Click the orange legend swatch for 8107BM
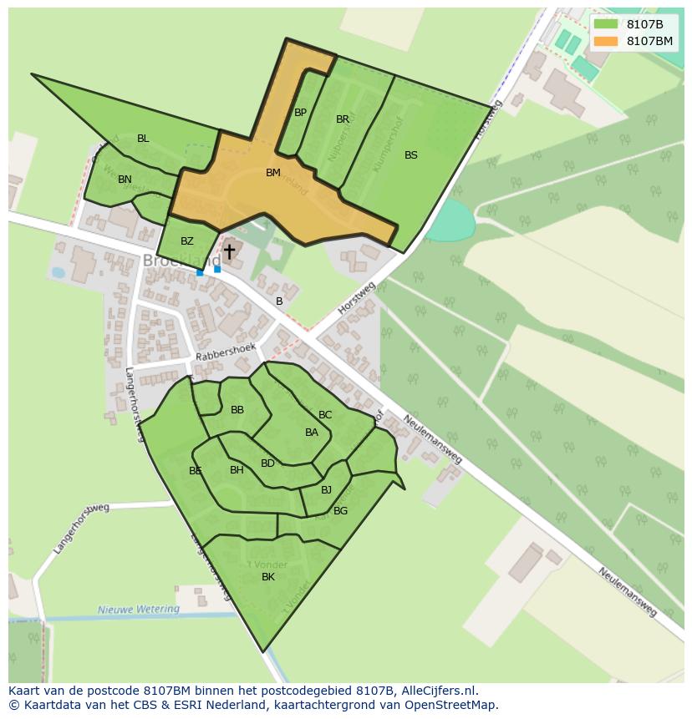click(605, 41)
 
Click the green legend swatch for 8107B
click(605, 23)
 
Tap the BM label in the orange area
click(273, 173)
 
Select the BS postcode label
click(411, 154)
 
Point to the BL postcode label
click(143, 139)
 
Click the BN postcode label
click(125, 180)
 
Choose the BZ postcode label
click(187, 241)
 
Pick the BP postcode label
click(300, 112)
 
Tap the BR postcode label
click(343, 119)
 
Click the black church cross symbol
click(229, 251)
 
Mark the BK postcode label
click(268, 577)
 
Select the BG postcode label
click(340, 511)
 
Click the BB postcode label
click(237, 410)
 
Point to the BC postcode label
click(325, 415)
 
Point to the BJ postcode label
click(326, 490)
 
